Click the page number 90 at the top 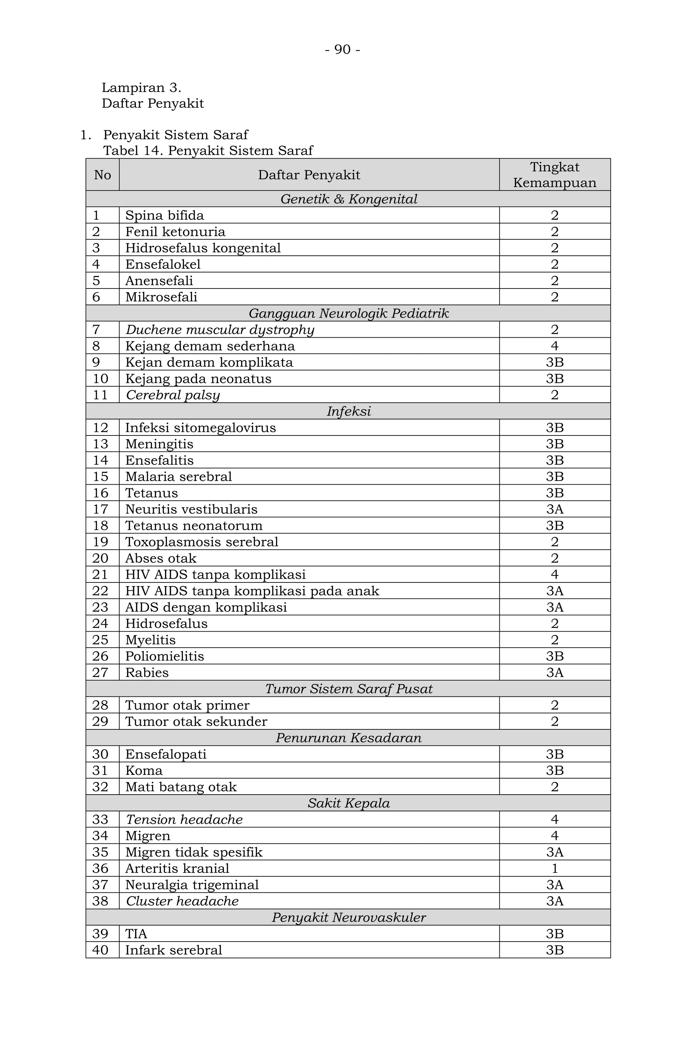pyautogui.click(x=342, y=49)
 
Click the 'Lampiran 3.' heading pyautogui.click(x=141, y=88)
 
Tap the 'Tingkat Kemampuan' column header pyautogui.click(x=554, y=175)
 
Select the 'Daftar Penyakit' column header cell pyautogui.click(x=309, y=175)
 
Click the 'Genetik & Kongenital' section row pyautogui.click(x=349, y=199)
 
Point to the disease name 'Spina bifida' pyautogui.click(x=165, y=215)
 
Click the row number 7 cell pyautogui.click(x=97, y=329)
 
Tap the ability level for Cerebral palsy pyautogui.click(x=554, y=395)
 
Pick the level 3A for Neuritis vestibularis pyautogui.click(x=554, y=509)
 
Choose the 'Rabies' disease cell pyautogui.click(x=147, y=672)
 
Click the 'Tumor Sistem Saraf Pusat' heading pyautogui.click(x=349, y=689)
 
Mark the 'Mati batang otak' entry pyautogui.click(x=181, y=787)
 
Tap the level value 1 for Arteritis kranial pyautogui.click(x=554, y=868)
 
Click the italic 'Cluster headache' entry pyautogui.click(x=182, y=901)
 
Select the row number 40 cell pyautogui.click(x=100, y=950)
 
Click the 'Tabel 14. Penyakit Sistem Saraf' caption pyautogui.click(x=208, y=151)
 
